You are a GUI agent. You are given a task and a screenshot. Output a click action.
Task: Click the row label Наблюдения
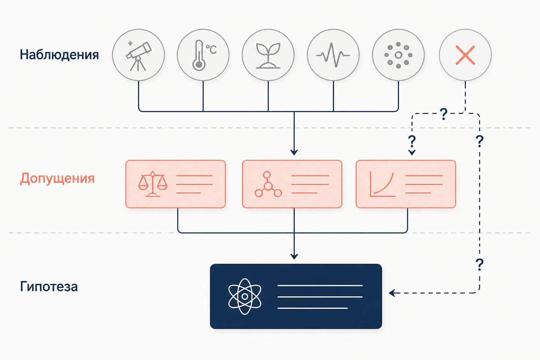pyautogui.click(x=59, y=55)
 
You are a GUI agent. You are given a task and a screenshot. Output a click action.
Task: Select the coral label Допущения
pyautogui.click(x=57, y=179)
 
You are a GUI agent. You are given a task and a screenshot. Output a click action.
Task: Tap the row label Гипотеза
pyautogui.click(x=49, y=287)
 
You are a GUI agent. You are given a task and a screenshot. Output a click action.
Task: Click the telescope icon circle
pyautogui.click(x=139, y=55)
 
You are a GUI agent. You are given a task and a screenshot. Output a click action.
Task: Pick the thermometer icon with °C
pyautogui.click(x=199, y=55)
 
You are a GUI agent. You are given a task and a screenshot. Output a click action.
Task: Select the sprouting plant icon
pyautogui.click(x=268, y=56)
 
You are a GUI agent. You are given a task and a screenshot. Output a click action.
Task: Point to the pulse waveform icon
pyautogui.click(x=333, y=55)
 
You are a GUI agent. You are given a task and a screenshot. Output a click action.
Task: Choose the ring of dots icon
pyautogui.click(x=398, y=55)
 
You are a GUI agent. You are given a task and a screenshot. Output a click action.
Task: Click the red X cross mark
pyautogui.click(x=465, y=55)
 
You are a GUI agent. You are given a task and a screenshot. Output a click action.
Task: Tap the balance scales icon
pyautogui.click(x=153, y=184)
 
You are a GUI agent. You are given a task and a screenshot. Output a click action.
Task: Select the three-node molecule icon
pyautogui.click(x=268, y=185)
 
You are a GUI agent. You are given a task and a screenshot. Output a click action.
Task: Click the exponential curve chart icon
pyautogui.click(x=382, y=184)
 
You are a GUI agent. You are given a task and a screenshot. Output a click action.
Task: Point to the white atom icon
pyautogui.click(x=245, y=296)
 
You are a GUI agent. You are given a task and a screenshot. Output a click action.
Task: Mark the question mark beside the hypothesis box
pyautogui.click(x=480, y=264)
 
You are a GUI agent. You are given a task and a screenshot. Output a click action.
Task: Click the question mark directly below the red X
pyautogui.click(x=444, y=114)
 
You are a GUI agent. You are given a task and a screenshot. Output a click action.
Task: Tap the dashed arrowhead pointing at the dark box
pyautogui.click(x=392, y=293)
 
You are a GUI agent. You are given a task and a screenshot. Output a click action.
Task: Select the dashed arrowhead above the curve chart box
pyautogui.click(x=412, y=153)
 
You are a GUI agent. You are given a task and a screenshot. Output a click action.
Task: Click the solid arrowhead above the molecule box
pyautogui.click(x=294, y=152)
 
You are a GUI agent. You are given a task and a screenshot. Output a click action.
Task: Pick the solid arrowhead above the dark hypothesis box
pyautogui.click(x=294, y=256)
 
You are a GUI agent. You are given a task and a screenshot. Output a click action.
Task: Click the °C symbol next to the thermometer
pyautogui.click(x=211, y=50)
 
